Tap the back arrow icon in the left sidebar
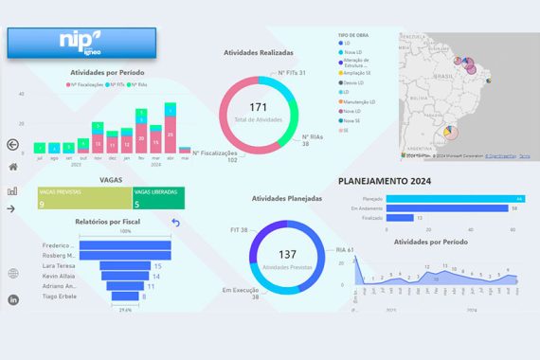pos(13,145)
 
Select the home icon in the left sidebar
pos(13,167)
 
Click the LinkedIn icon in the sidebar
pos(13,299)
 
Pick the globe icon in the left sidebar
pos(13,274)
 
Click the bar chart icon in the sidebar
pos(13,189)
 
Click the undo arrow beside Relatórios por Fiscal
pos(175,223)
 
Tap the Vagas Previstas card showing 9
pos(82,198)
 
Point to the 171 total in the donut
pos(259,111)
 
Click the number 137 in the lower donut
pos(288,256)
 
